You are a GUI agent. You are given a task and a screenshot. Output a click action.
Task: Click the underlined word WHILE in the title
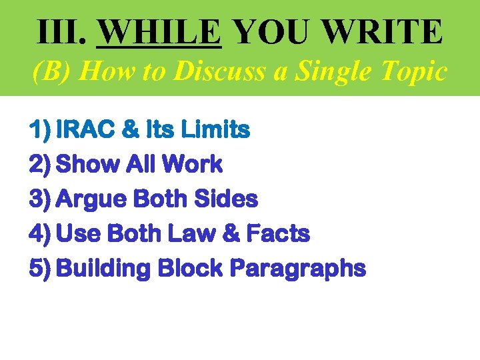click(x=159, y=31)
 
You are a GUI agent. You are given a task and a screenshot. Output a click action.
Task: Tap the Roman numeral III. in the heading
click(x=61, y=31)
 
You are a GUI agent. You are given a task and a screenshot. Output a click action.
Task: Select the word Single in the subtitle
click(x=327, y=71)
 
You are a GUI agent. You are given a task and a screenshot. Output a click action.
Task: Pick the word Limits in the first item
click(x=217, y=129)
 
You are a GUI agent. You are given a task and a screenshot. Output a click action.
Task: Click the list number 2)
click(x=41, y=163)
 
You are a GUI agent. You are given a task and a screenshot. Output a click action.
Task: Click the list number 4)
click(x=41, y=233)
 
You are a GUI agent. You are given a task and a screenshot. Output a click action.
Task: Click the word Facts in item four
click(x=278, y=233)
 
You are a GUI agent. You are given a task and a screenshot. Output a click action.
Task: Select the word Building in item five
click(x=104, y=269)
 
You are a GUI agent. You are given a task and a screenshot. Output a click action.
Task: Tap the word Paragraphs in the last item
click(x=297, y=269)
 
